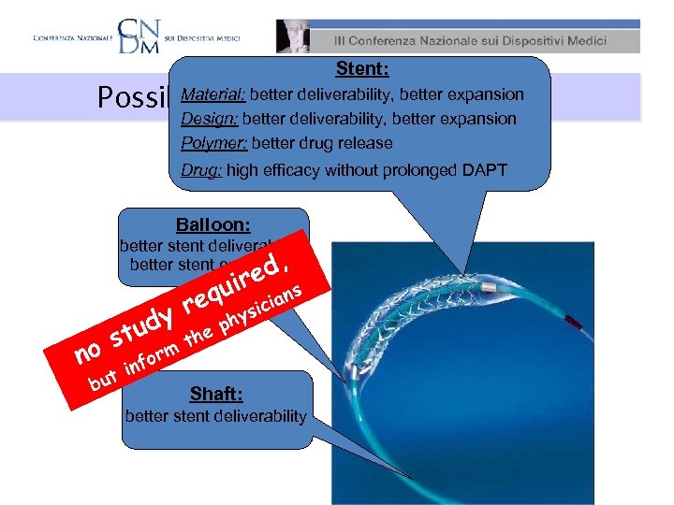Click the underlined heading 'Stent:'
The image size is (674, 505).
pyautogui.click(x=362, y=70)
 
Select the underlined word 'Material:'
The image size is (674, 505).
pyautogui.click(x=214, y=94)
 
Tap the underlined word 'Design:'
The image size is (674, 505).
pyautogui.click(x=209, y=119)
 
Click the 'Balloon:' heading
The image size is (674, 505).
pyautogui.click(x=214, y=225)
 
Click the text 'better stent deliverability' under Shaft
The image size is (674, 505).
pyautogui.click(x=215, y=415)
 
